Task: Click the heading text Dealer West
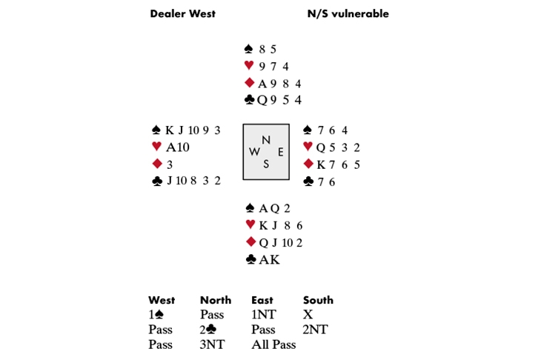(182, 14)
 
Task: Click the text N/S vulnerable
(348, 14)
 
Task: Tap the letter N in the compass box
(265, 140)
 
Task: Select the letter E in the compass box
(281, 152)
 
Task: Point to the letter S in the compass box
(265, 164)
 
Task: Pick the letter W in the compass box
(254, 152)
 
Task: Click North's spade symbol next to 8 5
(248, 49)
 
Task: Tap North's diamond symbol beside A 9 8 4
(249, 83)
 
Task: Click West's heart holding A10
(177, 147)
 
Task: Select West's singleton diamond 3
(170, 165)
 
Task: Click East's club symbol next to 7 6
(308, 181)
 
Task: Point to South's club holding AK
(270, 260)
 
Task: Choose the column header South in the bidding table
(318, 300)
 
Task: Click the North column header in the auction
(216, 300)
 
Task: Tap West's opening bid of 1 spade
(156, 315)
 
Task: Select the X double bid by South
(308, 315)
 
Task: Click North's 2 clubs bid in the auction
(208, 330)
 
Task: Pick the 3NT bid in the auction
(212, 344)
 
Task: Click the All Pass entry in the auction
(273, 344)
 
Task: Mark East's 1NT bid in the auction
(264, 315)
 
